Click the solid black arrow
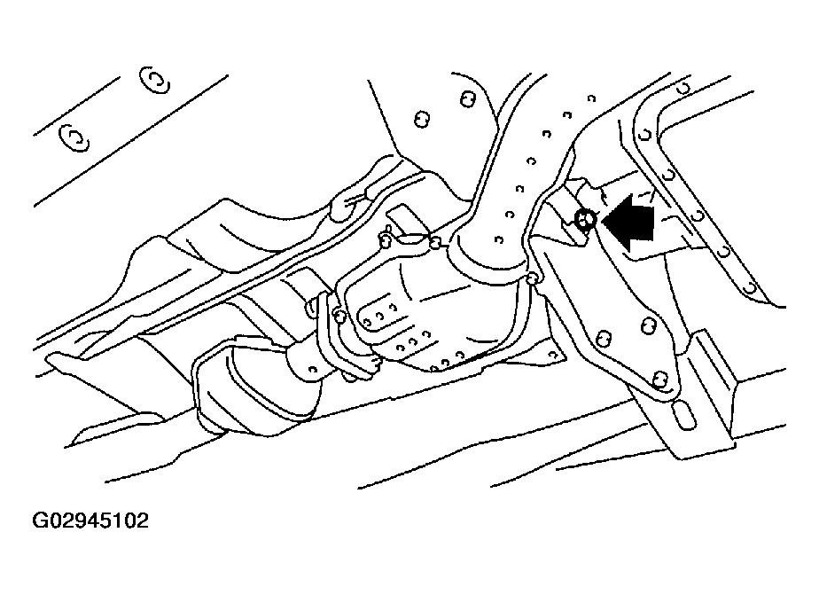[x=629, y=223]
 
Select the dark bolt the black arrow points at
[x=585, y=220]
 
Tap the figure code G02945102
[x=90, y=521]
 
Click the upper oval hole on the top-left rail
[x=154, y=81]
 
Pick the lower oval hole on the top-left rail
[x=74, y=138]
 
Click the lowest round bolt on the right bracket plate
[x=660, y=379]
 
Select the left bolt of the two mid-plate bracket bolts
[x=604, y=338]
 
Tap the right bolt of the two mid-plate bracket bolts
[x=649, y=326]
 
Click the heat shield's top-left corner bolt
[x=385, y=241]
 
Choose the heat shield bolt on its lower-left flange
[x=339, y=316]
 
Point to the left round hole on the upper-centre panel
[x=422, y=120]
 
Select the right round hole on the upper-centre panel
[x=467, y=99]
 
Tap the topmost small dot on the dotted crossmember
[x=591, y=98]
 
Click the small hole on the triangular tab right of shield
[x=551, y=353]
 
